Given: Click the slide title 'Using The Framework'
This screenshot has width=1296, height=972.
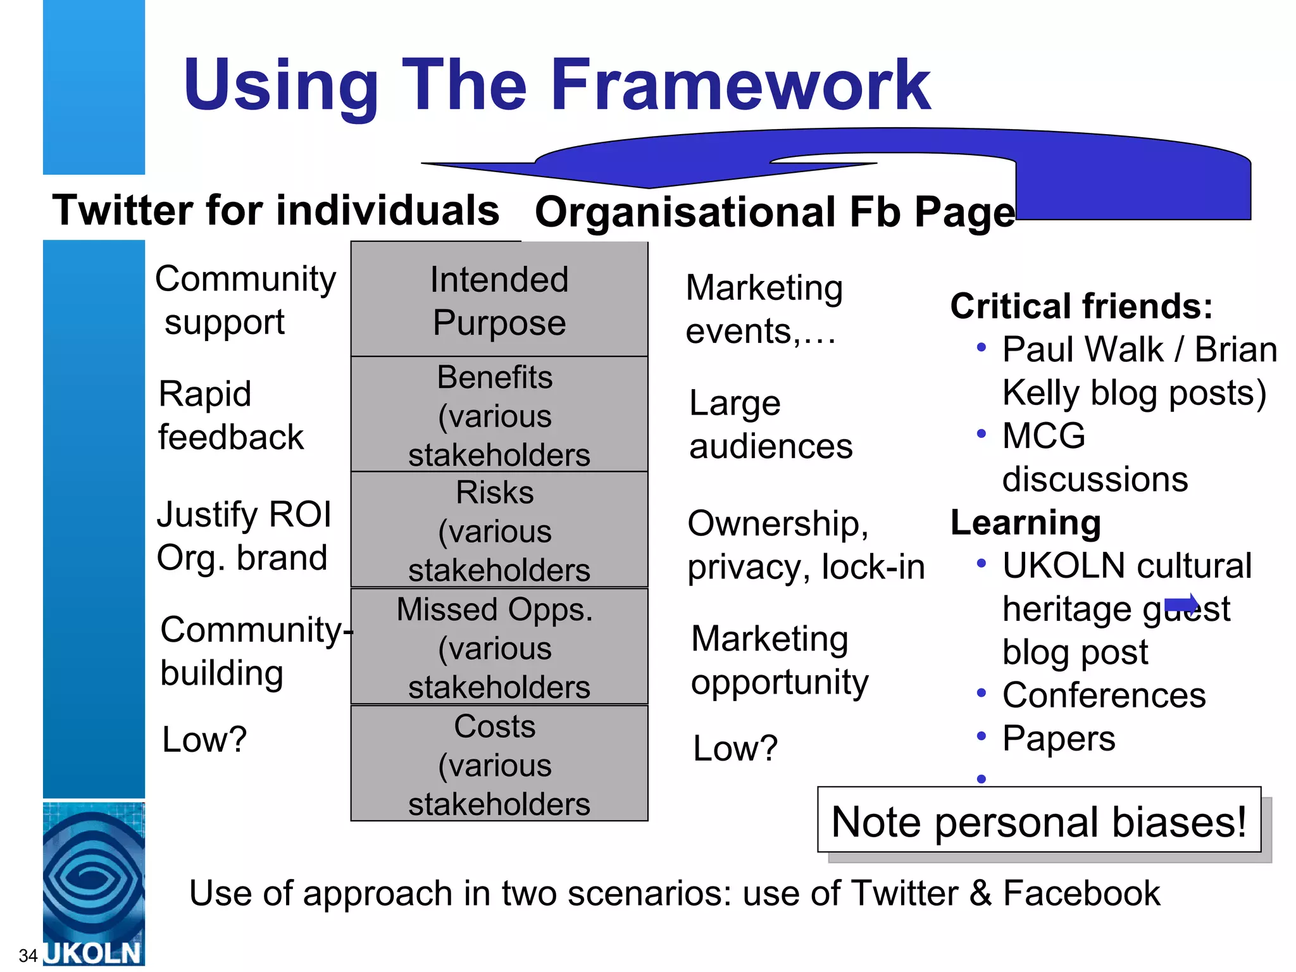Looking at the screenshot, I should (557, 85).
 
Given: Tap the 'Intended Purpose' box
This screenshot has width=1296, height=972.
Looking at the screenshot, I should (499, 300).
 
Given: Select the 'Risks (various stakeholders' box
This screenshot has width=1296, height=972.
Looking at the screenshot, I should (499, 530).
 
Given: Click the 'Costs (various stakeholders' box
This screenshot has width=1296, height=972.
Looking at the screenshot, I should (499, 764).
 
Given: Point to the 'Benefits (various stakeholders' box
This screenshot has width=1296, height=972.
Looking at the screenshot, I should (499, 414).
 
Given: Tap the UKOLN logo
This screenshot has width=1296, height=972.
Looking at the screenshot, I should (94, 883).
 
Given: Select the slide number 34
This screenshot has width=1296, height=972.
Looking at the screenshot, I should (28, 956).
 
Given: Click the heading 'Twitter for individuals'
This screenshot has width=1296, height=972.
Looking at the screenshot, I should (276, 210).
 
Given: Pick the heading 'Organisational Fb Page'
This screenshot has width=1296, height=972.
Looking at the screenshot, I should (775, 212).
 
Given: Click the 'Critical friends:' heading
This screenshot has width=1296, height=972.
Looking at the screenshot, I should (1081, 306).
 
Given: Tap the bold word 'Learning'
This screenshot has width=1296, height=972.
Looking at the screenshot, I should (1026, 523).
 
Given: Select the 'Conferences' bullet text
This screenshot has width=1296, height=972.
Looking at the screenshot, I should (1104, 695).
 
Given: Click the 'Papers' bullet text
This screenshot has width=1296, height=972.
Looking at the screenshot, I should (1059, 738).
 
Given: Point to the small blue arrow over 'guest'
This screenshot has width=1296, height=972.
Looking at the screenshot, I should (1182, 604).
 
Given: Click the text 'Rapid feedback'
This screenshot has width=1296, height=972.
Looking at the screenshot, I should (231, 415).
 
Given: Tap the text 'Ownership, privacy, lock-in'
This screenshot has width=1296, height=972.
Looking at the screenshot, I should (806, 545).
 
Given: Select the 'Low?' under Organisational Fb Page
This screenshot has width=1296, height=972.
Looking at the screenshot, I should (735, 748).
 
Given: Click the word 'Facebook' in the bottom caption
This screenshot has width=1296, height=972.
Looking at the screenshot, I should (1081, 894).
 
